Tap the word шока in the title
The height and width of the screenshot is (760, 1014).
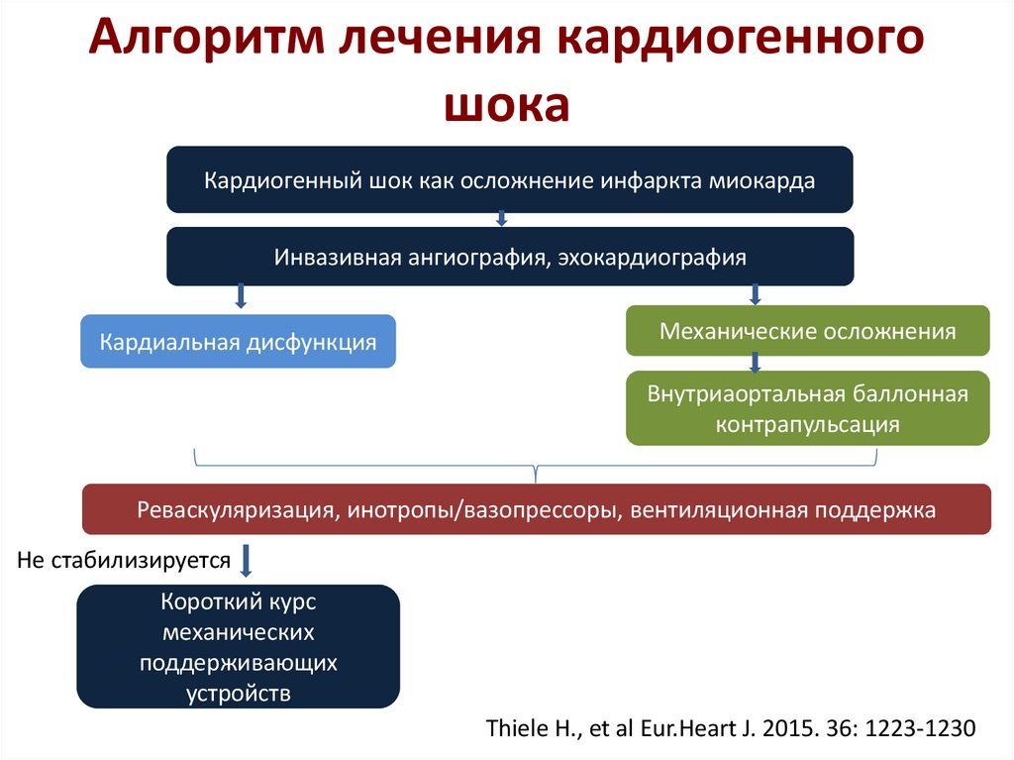pyautogui.click(x=506, y=106)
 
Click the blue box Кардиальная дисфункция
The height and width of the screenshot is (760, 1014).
pyautogui.click(x=238, y=342)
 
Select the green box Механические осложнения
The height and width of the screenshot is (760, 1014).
pyautogui.click(x=808, y=331)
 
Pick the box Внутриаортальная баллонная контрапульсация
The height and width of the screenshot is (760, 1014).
pyautogui.click(x=808, y=408)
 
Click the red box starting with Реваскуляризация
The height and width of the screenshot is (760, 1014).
pyautogui.click(x=536, y=509)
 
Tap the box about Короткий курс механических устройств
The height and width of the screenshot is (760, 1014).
pyautogui.click(x=238, y=646)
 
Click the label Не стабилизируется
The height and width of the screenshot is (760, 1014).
pyautogui.click(x=124, y=560)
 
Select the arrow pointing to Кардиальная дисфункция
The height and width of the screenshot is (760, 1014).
pyautogui.click(x=239, y=296)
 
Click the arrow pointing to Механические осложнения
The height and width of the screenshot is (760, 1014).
pyautogui.click(x=755, y=293)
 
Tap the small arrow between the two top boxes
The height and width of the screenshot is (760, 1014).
pyautogui.click(x=502, y=219)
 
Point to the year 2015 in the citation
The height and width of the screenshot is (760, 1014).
pyautogui.click(x=778, y=726)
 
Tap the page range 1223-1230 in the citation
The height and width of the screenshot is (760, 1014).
pyautogui.click(x=920, y=726)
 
